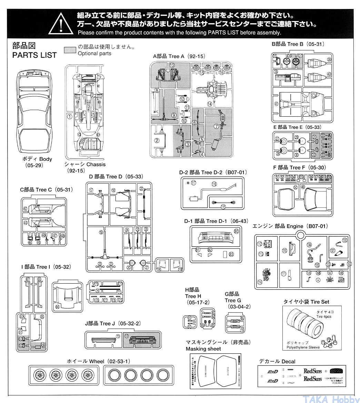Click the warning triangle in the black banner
point(60,23)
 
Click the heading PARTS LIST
point(34,55)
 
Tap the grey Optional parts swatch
point(70,50)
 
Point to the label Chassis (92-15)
point(85,167)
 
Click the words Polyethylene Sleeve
point(303,347)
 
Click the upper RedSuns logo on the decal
point(312,371)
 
